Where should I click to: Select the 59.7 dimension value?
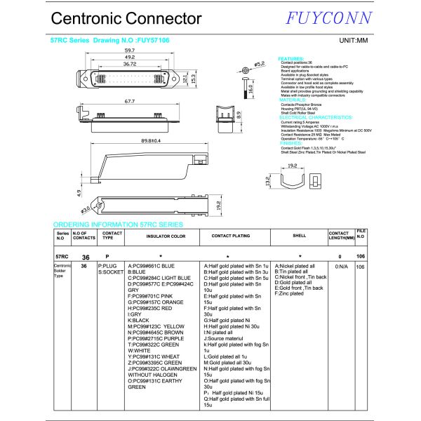[130, 51]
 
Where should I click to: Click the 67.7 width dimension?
[130, 102]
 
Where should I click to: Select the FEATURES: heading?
[292, 58]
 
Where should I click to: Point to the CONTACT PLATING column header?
[230, 236]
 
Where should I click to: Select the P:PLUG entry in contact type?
[108, 267]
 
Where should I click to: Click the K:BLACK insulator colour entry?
[138, 320]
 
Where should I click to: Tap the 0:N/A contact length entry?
[342, 267]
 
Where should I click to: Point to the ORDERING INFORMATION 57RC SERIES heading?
[118, 225]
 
